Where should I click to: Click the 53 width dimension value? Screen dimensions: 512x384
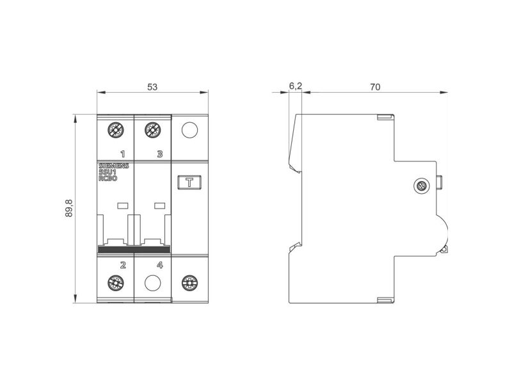(x=152, y=87)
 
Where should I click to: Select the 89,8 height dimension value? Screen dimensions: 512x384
(x=69, y=209)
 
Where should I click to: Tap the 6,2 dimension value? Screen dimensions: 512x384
(x=296, y=86)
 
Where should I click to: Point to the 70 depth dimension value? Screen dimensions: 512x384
(x=375, y=87)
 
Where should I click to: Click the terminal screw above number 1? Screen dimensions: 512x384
(x=116, y=130)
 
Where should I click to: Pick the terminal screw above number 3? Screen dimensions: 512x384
(x=152, y=130)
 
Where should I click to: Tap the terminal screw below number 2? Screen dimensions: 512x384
(x=116, y=283)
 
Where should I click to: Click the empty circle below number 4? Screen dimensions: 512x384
(x=152, y=283)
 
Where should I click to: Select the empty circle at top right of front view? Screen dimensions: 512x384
(x=189, y=130)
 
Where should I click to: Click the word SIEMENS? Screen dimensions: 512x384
(x=114, y=166)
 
